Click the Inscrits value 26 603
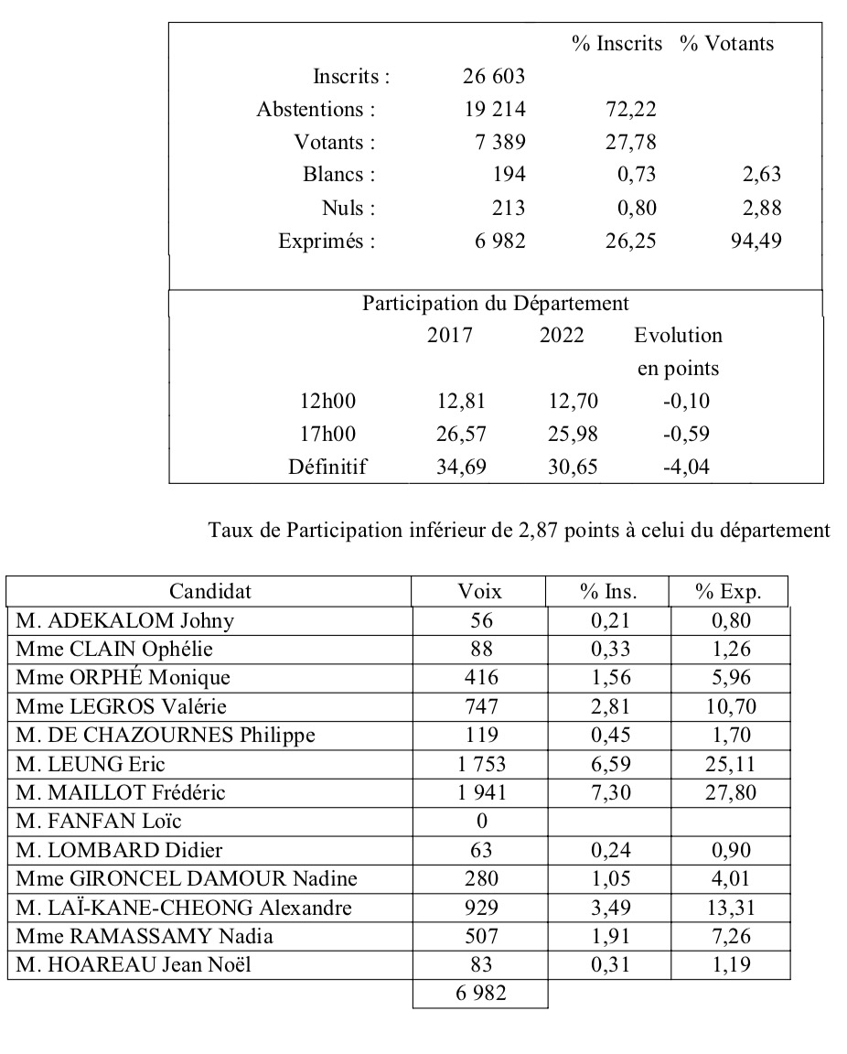494,76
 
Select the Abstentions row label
316,110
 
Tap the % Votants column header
726,43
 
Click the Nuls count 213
508,209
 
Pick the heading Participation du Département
495,303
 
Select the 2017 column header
450,335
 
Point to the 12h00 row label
327,401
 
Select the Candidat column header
209,591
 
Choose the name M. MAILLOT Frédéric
120,792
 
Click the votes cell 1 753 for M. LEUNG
480,764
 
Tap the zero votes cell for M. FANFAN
480,821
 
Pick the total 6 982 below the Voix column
480,993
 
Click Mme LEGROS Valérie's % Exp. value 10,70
728,706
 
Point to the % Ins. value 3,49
607,907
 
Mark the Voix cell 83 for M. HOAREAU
480,964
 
